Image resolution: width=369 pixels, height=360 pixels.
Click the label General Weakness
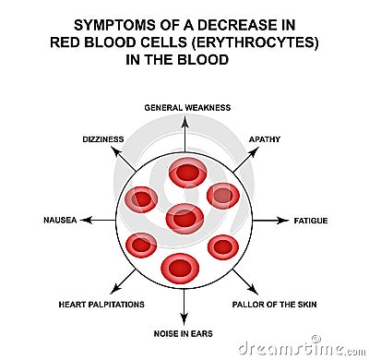point(184,107)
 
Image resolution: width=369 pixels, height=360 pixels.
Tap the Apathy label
point(265,138)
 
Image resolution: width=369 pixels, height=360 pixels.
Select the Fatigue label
point(311,221)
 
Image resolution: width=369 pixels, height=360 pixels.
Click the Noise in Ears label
point(184,331)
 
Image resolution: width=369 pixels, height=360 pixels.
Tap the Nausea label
point(60,221)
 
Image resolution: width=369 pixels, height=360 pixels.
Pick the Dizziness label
point(103,138)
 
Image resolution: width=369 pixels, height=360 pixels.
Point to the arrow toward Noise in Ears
point(184,306)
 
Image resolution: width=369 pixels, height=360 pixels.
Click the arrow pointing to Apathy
point(244,160)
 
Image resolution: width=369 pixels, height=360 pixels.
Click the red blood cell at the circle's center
point(184,218)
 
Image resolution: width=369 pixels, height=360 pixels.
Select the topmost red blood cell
point(187,173)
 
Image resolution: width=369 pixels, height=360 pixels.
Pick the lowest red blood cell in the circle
point(180,268)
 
